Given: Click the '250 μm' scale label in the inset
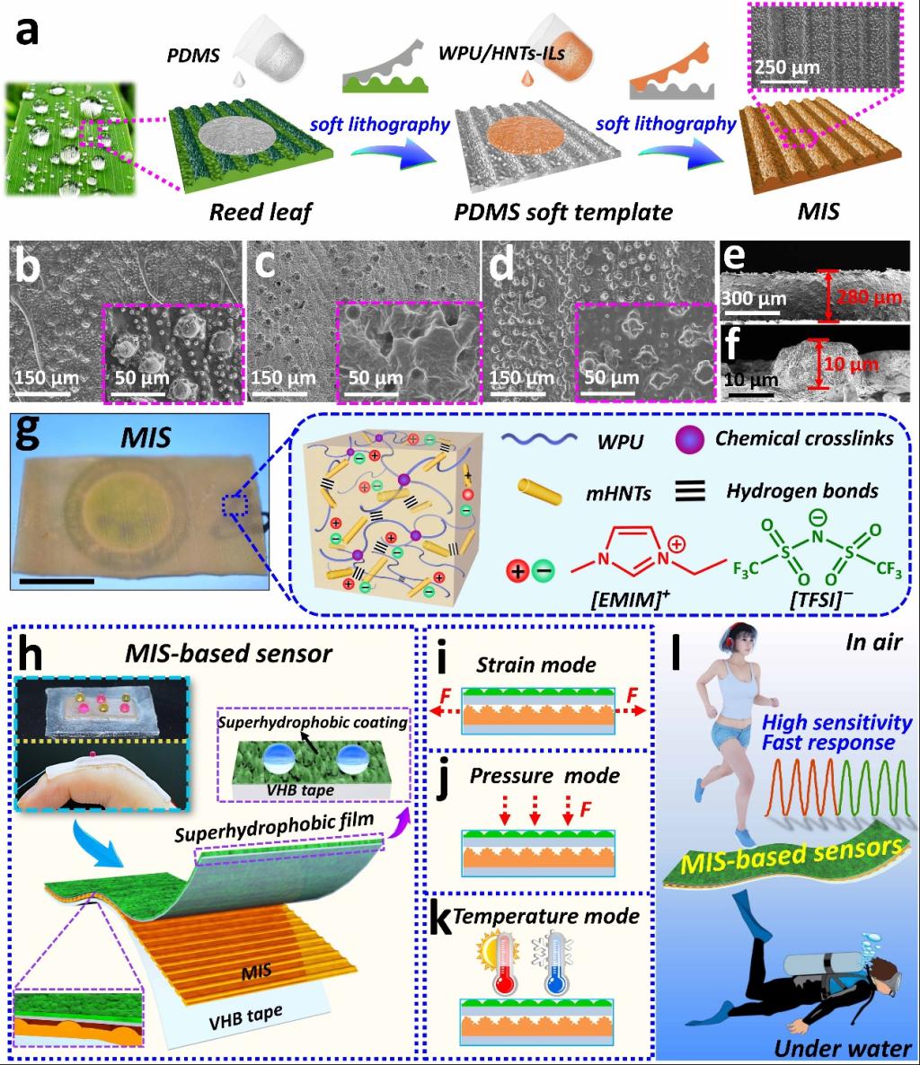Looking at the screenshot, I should click(783, 66).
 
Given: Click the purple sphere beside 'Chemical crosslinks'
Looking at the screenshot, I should click(691, 440).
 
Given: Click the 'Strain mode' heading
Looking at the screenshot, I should click(537, 665).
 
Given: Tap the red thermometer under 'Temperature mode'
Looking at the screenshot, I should click(501, 959).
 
